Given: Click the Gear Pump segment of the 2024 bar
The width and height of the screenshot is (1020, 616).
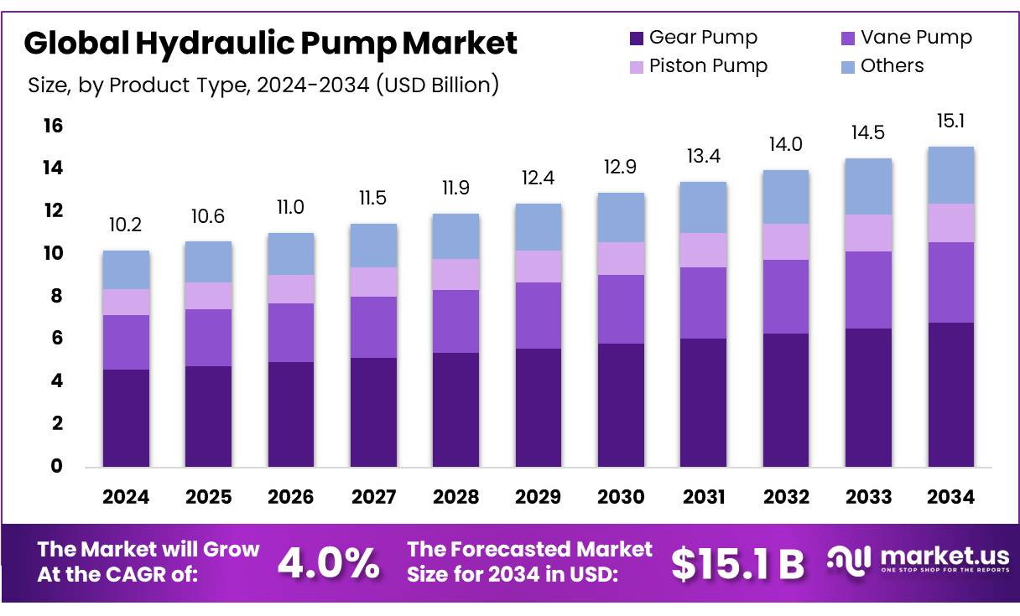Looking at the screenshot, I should tap(126, 417).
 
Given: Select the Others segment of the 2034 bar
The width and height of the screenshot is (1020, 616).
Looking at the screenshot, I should tap(950, 174).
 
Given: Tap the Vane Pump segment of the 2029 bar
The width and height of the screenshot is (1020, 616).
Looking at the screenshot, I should tap(538, 315).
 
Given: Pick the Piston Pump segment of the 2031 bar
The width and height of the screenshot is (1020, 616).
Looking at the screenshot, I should tap(703, 250).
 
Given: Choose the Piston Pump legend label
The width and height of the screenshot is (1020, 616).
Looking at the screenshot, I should tap(709, 66).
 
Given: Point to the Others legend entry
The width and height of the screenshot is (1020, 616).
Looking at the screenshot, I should tap(881, 66).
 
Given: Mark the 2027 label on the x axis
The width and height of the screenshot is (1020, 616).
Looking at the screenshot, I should tap(373, 497).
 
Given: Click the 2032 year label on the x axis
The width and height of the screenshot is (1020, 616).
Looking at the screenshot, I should tap(786, 497).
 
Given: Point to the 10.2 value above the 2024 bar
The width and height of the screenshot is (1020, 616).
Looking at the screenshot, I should tap(126, 226).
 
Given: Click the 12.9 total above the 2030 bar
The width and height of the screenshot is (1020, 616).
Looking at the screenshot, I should tap(620, 168).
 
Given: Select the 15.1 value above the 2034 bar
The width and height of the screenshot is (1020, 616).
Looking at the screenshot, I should tap(950, 122).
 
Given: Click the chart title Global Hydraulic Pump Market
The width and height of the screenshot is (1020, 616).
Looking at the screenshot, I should tap(270, 44).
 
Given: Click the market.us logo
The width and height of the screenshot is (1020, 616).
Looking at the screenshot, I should tap(918, 561).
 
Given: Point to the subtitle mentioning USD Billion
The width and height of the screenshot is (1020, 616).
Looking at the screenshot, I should tap(263, 85).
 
